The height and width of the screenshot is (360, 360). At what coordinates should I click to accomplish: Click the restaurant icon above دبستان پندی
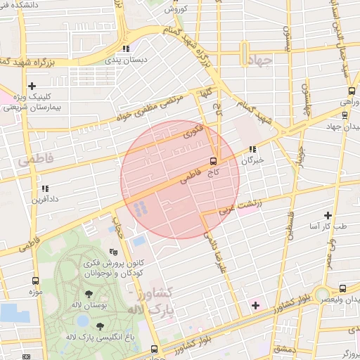[126, 49]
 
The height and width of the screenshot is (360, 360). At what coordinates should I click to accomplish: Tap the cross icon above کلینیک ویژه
[32, 86]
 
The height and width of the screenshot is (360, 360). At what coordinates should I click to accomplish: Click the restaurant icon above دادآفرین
[45, 188]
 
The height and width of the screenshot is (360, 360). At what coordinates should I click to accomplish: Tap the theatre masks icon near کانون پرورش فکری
[113, 252]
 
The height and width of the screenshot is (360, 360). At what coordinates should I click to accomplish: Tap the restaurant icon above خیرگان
[252, 150]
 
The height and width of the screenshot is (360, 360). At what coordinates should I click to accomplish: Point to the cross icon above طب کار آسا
[328, 215]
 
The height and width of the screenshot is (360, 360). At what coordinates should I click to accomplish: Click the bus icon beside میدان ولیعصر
[342, 288]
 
